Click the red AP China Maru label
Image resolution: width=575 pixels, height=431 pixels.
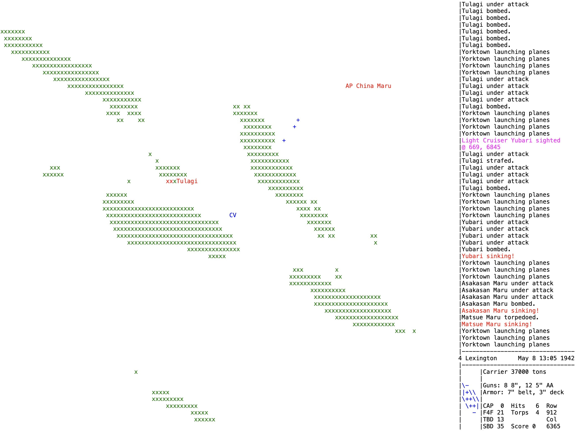point(368,86)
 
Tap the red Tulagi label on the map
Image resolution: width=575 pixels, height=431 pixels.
point(187,181)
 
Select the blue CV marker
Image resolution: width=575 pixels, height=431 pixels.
point(233,215)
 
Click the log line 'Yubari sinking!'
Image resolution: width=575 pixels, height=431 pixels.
point(488,256)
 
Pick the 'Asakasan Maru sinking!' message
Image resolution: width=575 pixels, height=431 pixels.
point(500,311)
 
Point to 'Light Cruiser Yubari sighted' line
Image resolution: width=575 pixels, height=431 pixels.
point(511,141)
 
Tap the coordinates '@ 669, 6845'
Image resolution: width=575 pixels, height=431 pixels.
point(481,147)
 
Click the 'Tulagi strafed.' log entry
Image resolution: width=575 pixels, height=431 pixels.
point(488,161)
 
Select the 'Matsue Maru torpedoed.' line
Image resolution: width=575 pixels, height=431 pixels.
point(500,317)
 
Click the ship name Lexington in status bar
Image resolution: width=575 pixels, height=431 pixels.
point(481,358)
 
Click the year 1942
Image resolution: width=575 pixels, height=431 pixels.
point(567,358)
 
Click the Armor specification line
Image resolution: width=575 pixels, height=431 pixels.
point(523,392)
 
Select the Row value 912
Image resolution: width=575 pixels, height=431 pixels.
point(551,413)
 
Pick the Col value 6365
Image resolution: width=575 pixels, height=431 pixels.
point(553,426)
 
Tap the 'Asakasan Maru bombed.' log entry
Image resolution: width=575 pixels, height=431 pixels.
point(498,304)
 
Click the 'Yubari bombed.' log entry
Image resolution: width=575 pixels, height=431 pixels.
point(486,249)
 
